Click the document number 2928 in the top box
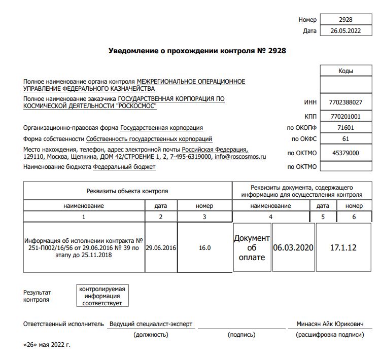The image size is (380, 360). click(346, 20)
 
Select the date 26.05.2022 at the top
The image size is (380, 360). click(346, 31)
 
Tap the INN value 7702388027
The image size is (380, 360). click(346, 102)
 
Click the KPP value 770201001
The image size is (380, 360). click(346, 116)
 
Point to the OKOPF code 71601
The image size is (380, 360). click(346, 128)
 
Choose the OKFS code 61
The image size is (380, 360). click(346, 139)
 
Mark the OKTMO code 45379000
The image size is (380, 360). click(346, 153)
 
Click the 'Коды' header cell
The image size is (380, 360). click(346, 71)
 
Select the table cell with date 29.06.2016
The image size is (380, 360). click(161, 248)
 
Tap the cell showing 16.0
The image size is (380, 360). click(204, 248)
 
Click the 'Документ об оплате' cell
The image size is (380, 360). click(252, 247)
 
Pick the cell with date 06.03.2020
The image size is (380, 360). click(293, 247)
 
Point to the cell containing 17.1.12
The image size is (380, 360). click(343, 247)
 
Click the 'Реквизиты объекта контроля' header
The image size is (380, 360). click(127, 191)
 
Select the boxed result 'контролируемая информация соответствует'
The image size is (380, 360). click(102, 296)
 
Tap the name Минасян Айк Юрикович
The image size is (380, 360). click(331, 324)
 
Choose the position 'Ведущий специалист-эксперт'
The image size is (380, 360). click(151, 324)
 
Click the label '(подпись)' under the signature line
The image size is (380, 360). click(242, 335)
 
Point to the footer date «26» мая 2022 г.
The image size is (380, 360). click(47, 345)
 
